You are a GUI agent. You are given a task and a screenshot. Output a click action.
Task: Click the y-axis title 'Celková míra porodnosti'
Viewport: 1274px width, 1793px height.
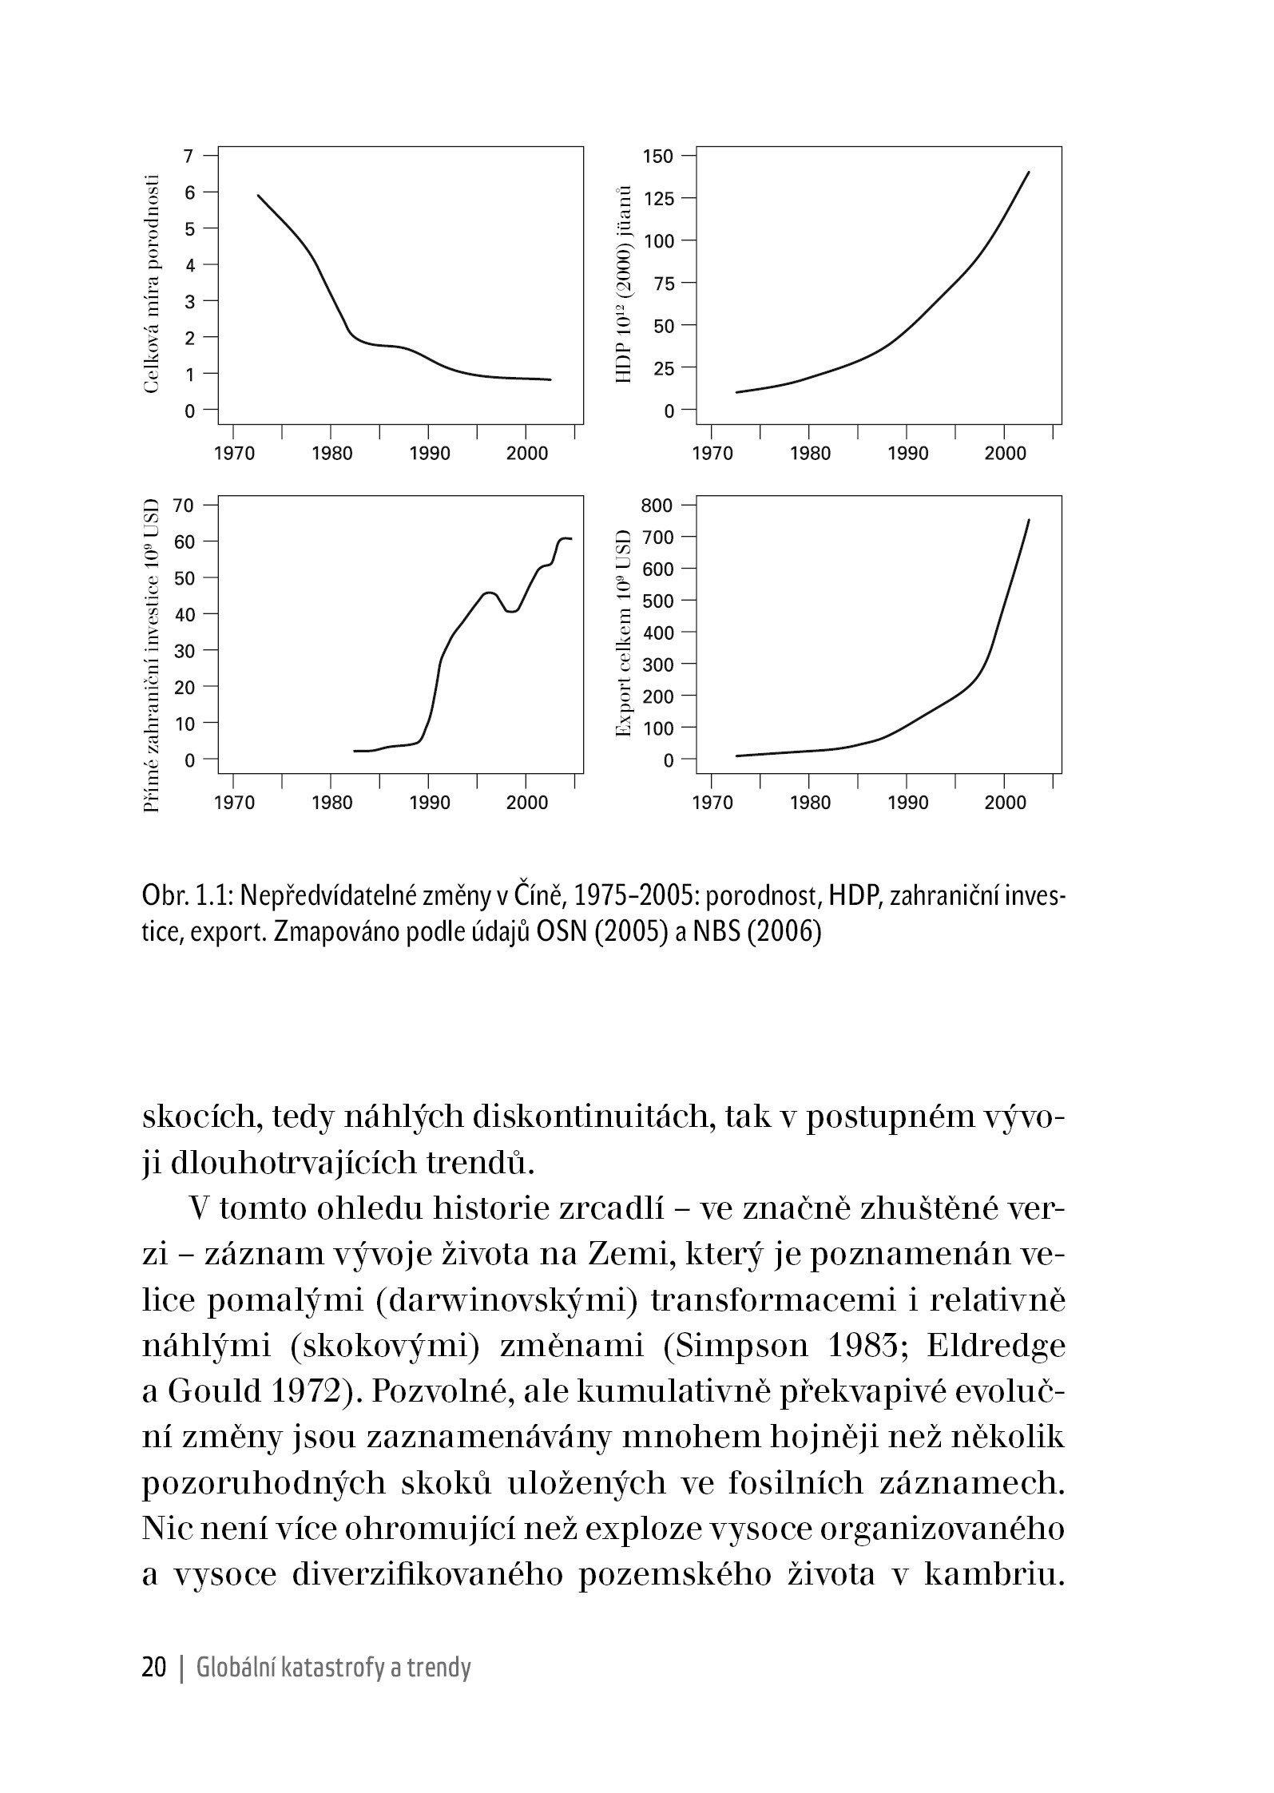click(x=152, y=284)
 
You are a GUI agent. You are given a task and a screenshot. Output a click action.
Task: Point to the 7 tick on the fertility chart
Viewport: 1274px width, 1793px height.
click(x=189, y=154)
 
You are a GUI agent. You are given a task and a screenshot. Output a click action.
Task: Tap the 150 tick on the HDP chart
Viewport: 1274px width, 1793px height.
click(x=658, y=156)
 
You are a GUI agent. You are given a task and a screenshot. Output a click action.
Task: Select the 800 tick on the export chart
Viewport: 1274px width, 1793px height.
click(x=658, y=506)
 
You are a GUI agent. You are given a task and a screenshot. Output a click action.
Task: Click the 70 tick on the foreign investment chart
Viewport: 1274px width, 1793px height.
click(x=185, y=506)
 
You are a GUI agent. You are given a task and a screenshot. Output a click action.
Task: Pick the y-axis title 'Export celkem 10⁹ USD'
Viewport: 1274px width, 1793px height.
click(x=624, y=633)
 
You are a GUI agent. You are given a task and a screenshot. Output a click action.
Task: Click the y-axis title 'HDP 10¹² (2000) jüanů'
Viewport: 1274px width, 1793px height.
click(x=625, y=284)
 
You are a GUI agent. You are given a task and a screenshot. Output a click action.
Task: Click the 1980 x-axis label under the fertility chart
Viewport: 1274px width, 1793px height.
click(x=331, y=454)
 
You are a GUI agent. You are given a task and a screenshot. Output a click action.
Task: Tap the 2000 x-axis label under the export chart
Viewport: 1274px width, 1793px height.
click(x=1005, y=803)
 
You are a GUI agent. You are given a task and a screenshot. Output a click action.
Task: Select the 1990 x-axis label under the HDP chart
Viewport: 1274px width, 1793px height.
click(x=907, y=454)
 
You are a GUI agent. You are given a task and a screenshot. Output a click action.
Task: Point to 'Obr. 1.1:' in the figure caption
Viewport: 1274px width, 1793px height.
click(x=187, y=898)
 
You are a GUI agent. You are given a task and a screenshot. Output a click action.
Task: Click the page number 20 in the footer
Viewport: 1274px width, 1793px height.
click(x=153, y=1668)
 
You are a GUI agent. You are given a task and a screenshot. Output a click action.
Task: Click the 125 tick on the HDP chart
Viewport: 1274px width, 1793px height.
click(x=658, y=198)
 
